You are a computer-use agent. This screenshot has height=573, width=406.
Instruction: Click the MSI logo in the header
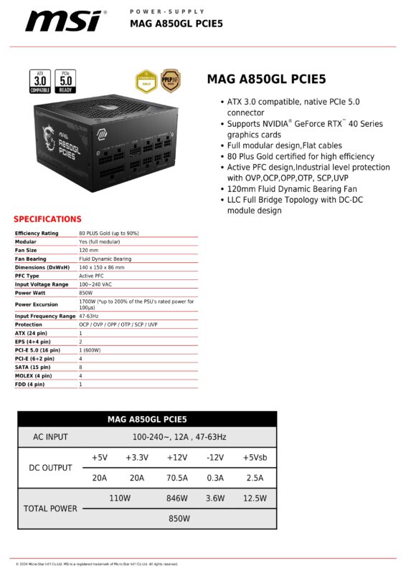click(64, 21)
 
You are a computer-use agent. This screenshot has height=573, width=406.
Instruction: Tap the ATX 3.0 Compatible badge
click(39, 81)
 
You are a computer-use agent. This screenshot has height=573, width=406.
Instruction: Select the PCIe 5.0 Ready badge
click(65, 81)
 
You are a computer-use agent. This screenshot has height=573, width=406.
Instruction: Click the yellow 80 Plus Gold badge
click(146, 81)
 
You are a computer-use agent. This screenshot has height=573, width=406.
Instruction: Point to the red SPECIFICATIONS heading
click(47, 219)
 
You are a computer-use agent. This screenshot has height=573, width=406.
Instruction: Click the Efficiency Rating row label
click(37, 233)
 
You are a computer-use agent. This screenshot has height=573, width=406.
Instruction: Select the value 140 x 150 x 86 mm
click(101, 267)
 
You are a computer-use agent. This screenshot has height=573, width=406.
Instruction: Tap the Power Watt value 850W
click(86, 293)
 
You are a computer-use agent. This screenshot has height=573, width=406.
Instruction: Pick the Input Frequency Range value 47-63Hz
click(90, 316)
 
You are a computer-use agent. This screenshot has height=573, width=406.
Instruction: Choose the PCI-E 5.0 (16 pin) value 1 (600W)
click(91, 350)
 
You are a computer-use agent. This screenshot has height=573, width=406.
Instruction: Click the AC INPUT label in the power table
click(50, 437)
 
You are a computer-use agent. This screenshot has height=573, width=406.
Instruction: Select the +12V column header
click(176, 458)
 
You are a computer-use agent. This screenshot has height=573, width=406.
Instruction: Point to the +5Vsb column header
click(254, 458)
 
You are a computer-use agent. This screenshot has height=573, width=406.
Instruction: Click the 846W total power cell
click(176, 499)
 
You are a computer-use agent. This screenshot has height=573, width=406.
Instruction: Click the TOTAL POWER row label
click(50, 509)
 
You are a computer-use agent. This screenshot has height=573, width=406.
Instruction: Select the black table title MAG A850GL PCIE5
click(146, 419)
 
